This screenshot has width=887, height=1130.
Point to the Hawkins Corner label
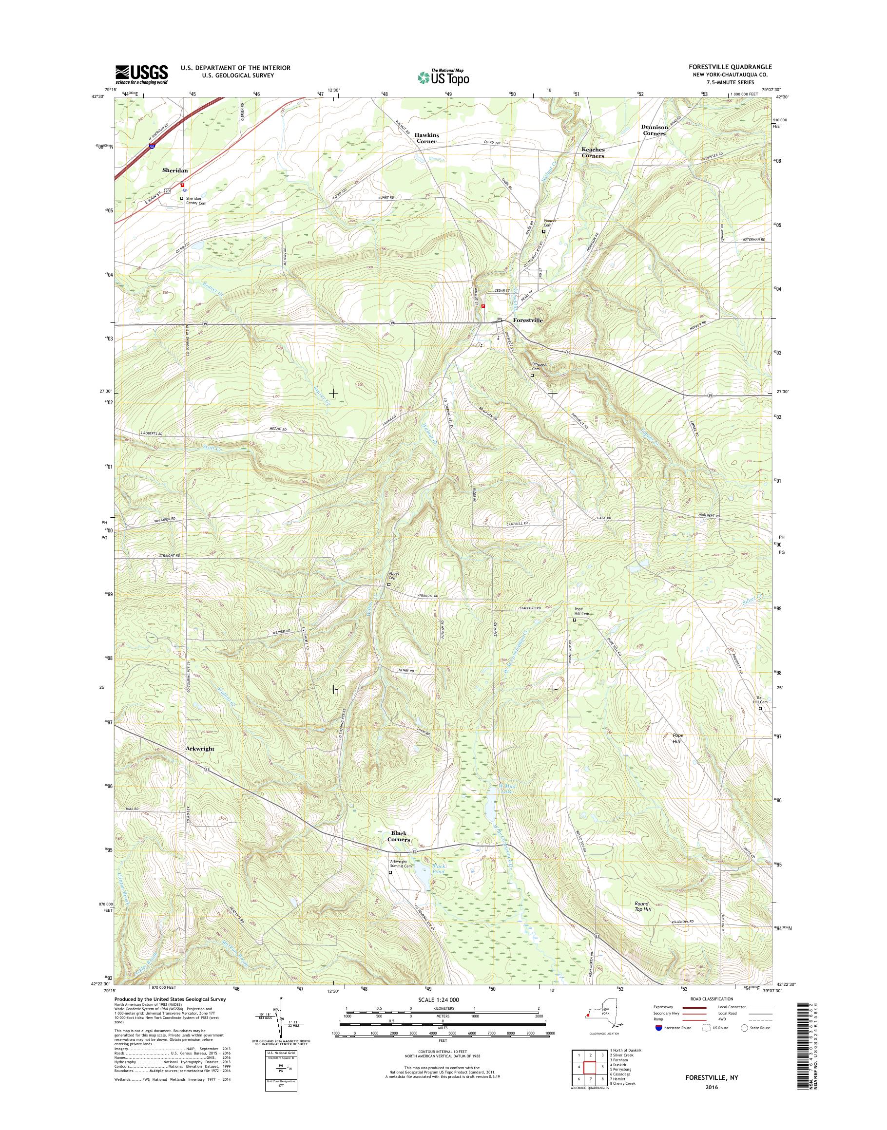(425, 138)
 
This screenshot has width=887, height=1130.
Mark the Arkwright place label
(200, 750)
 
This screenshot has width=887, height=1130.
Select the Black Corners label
(398, 836)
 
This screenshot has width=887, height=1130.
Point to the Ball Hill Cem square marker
(760, 708)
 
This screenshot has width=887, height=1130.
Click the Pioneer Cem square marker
(544, 231)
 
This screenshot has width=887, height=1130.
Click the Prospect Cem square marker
(532, 375)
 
